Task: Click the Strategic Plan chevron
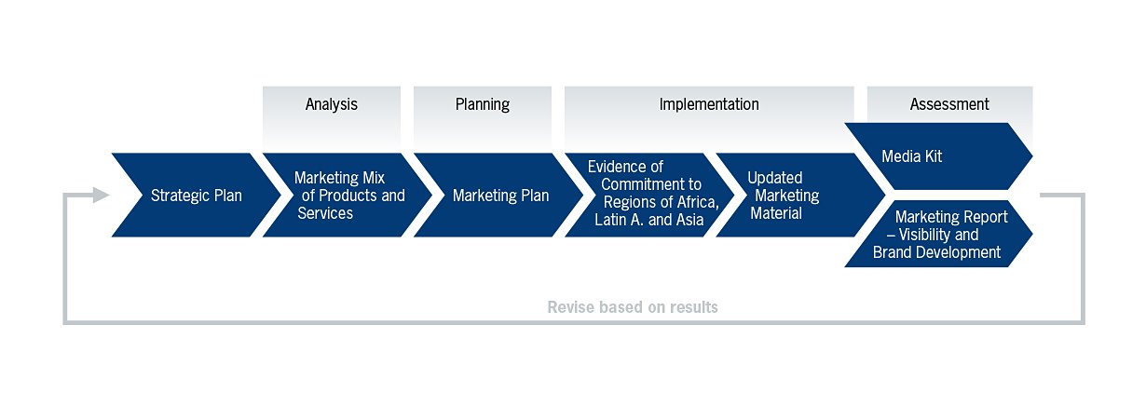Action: click(x=197, y=195)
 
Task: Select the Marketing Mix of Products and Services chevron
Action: click(x=348, y=195)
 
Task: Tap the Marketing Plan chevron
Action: click(x=498, y=195)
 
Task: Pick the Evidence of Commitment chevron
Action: click(x=649, y=195)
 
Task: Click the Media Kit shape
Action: click(x=938, y=156)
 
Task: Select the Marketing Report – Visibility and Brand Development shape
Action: click(x=938, y=234)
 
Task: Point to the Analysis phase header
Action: click(x=332, y=104)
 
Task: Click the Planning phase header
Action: click(x=483, y=104)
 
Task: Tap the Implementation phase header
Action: click(x=709, y=104)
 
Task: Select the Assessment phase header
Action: click(x=949, y=104)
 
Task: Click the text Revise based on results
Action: click(x=633, y=307)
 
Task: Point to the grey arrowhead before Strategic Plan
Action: click(x=101, y=195)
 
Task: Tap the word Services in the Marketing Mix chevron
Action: click(x=325, y=213)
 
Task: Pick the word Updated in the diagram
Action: click(x=775, y=179)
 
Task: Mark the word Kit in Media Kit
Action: click(x=933, y=156)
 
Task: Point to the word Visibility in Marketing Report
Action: click(x=924, y=235)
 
